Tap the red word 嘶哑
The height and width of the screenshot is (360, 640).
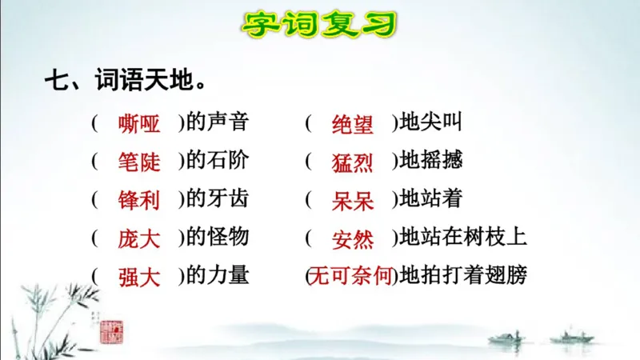[138, 124]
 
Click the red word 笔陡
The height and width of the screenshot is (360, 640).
[138, 162]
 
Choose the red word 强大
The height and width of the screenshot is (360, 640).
[138, 278]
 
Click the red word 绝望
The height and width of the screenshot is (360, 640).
[353, 124]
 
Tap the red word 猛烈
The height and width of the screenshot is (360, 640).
[353, 162]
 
